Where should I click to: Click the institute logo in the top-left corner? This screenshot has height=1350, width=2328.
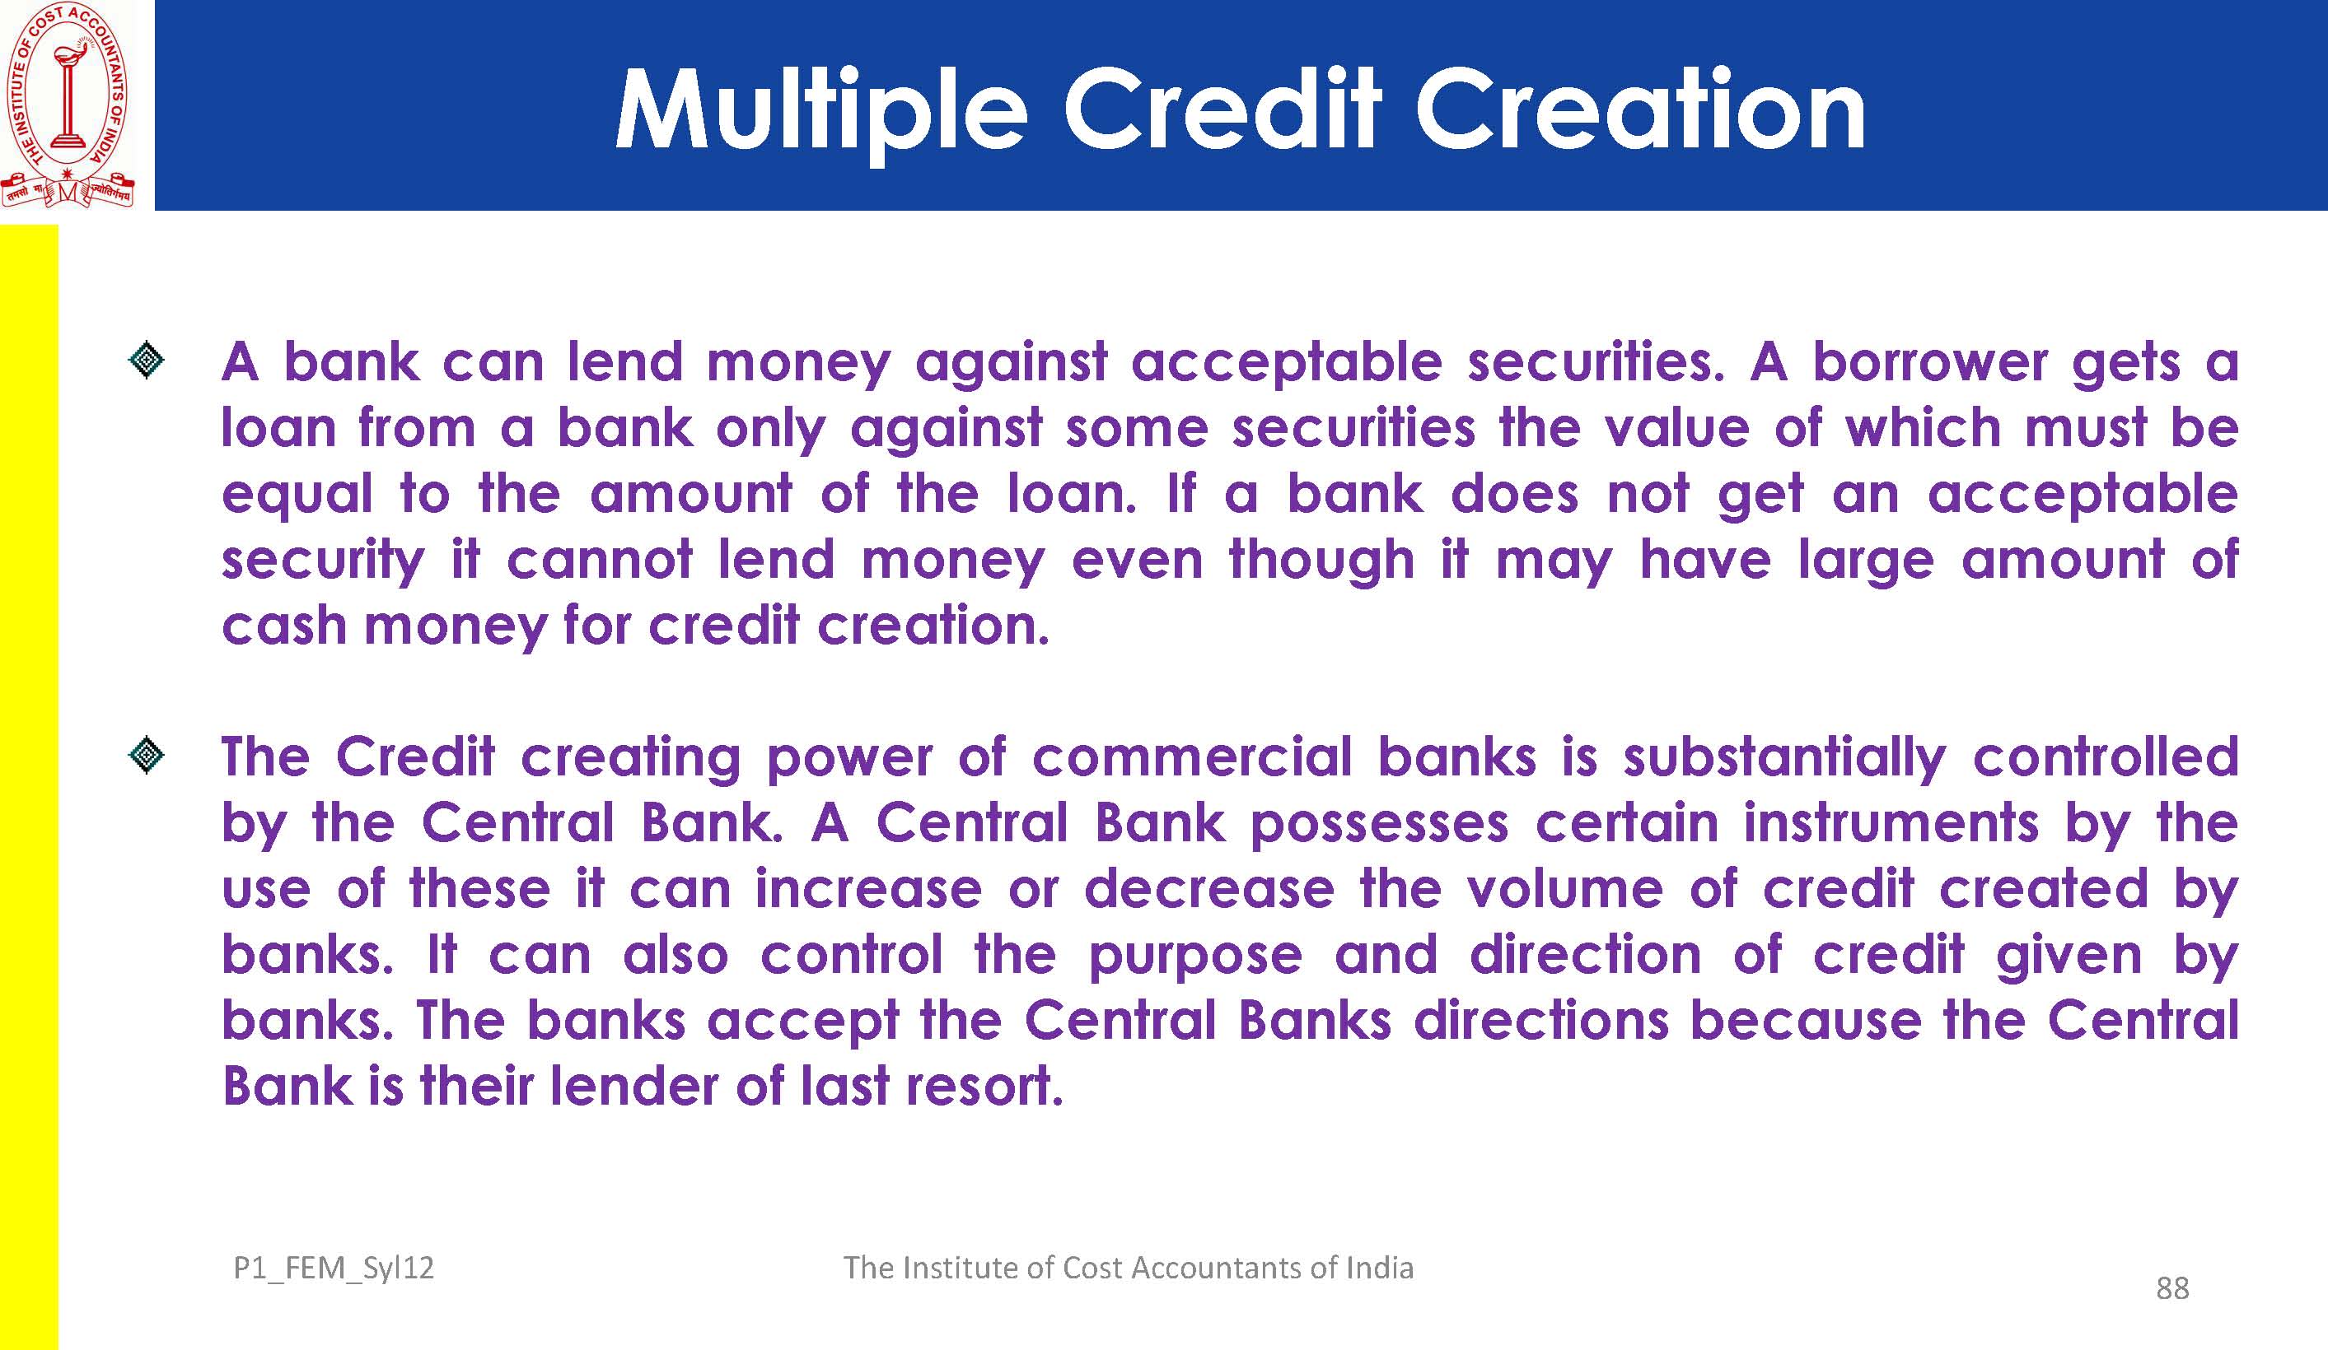point(68,105)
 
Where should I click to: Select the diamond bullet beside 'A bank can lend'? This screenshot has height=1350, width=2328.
point(147,362)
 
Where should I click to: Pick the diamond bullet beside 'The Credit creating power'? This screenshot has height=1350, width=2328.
point(147,756)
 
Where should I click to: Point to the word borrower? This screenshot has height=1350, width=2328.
point(1930,361)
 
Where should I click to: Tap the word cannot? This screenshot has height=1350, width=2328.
point(599,561)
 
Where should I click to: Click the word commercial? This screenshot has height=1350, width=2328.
point(1192,757)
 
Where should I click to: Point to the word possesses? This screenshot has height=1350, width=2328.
point(1379,825)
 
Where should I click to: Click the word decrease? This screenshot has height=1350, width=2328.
point(1209,889)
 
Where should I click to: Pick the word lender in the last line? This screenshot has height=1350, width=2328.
point(633,1086)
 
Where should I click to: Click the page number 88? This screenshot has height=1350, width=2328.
point(2171,1288)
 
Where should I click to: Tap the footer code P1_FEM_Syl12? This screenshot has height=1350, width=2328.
point(334,1269)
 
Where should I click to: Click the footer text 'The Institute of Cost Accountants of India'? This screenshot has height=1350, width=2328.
point(1128,1268)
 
